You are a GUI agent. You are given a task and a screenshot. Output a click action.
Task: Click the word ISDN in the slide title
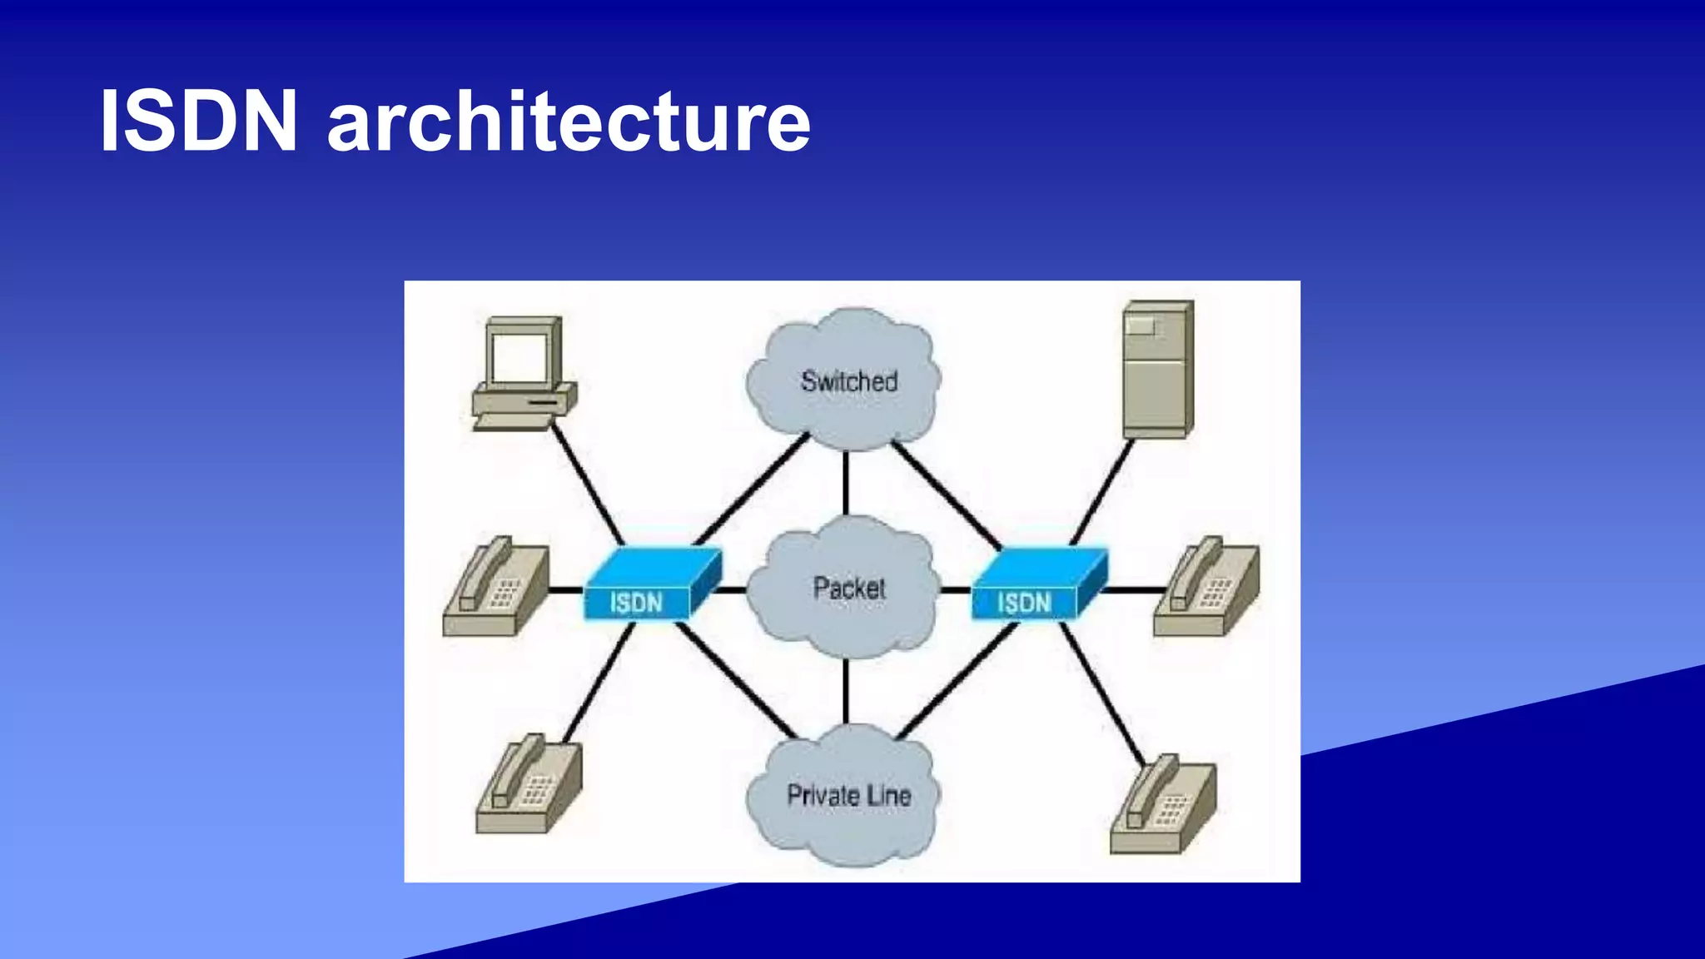click(x=198, y=122)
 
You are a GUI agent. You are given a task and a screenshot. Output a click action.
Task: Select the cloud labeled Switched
click(x=845, y=380)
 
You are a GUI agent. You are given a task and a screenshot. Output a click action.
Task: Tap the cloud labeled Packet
click(x=847, y=588)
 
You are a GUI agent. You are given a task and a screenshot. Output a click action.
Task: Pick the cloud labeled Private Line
click(x=847, y=795)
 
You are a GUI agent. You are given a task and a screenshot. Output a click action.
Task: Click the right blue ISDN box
click(x=1036, y=586)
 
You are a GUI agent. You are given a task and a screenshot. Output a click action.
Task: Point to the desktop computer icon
click(x=523, y=375)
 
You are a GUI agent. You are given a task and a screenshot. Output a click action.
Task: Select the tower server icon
click(x=1156, y=370)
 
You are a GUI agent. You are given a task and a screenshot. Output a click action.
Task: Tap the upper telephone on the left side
click(x=495, y=588)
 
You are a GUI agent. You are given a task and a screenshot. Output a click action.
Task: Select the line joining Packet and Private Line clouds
click(x=846, y=691)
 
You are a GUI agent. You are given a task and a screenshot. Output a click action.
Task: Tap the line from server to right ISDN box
click(x=1101, y=493)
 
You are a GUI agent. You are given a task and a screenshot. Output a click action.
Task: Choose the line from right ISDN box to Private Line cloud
click(x=957, y=679)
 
